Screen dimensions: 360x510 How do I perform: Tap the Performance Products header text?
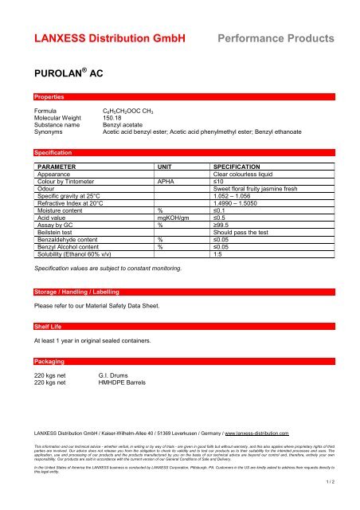[276, 37]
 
